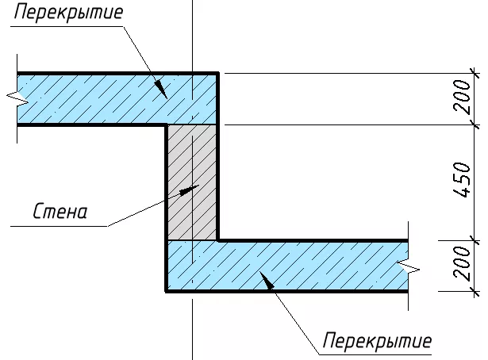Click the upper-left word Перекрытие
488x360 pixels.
click(x=68, y=13)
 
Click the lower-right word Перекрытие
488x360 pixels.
click(x=377, y=341)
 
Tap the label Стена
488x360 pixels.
click(x=60, y=212)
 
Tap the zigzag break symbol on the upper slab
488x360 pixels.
click(x=17, y=99)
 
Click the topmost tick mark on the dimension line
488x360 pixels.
click(x=475, y=74)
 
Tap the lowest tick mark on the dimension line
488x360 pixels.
click(x=475, y=291)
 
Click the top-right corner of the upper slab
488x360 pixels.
click(x=218, y=74)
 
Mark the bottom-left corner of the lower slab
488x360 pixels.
click(x=166, y=291)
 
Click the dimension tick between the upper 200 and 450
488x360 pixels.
click(x=475, y=124)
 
